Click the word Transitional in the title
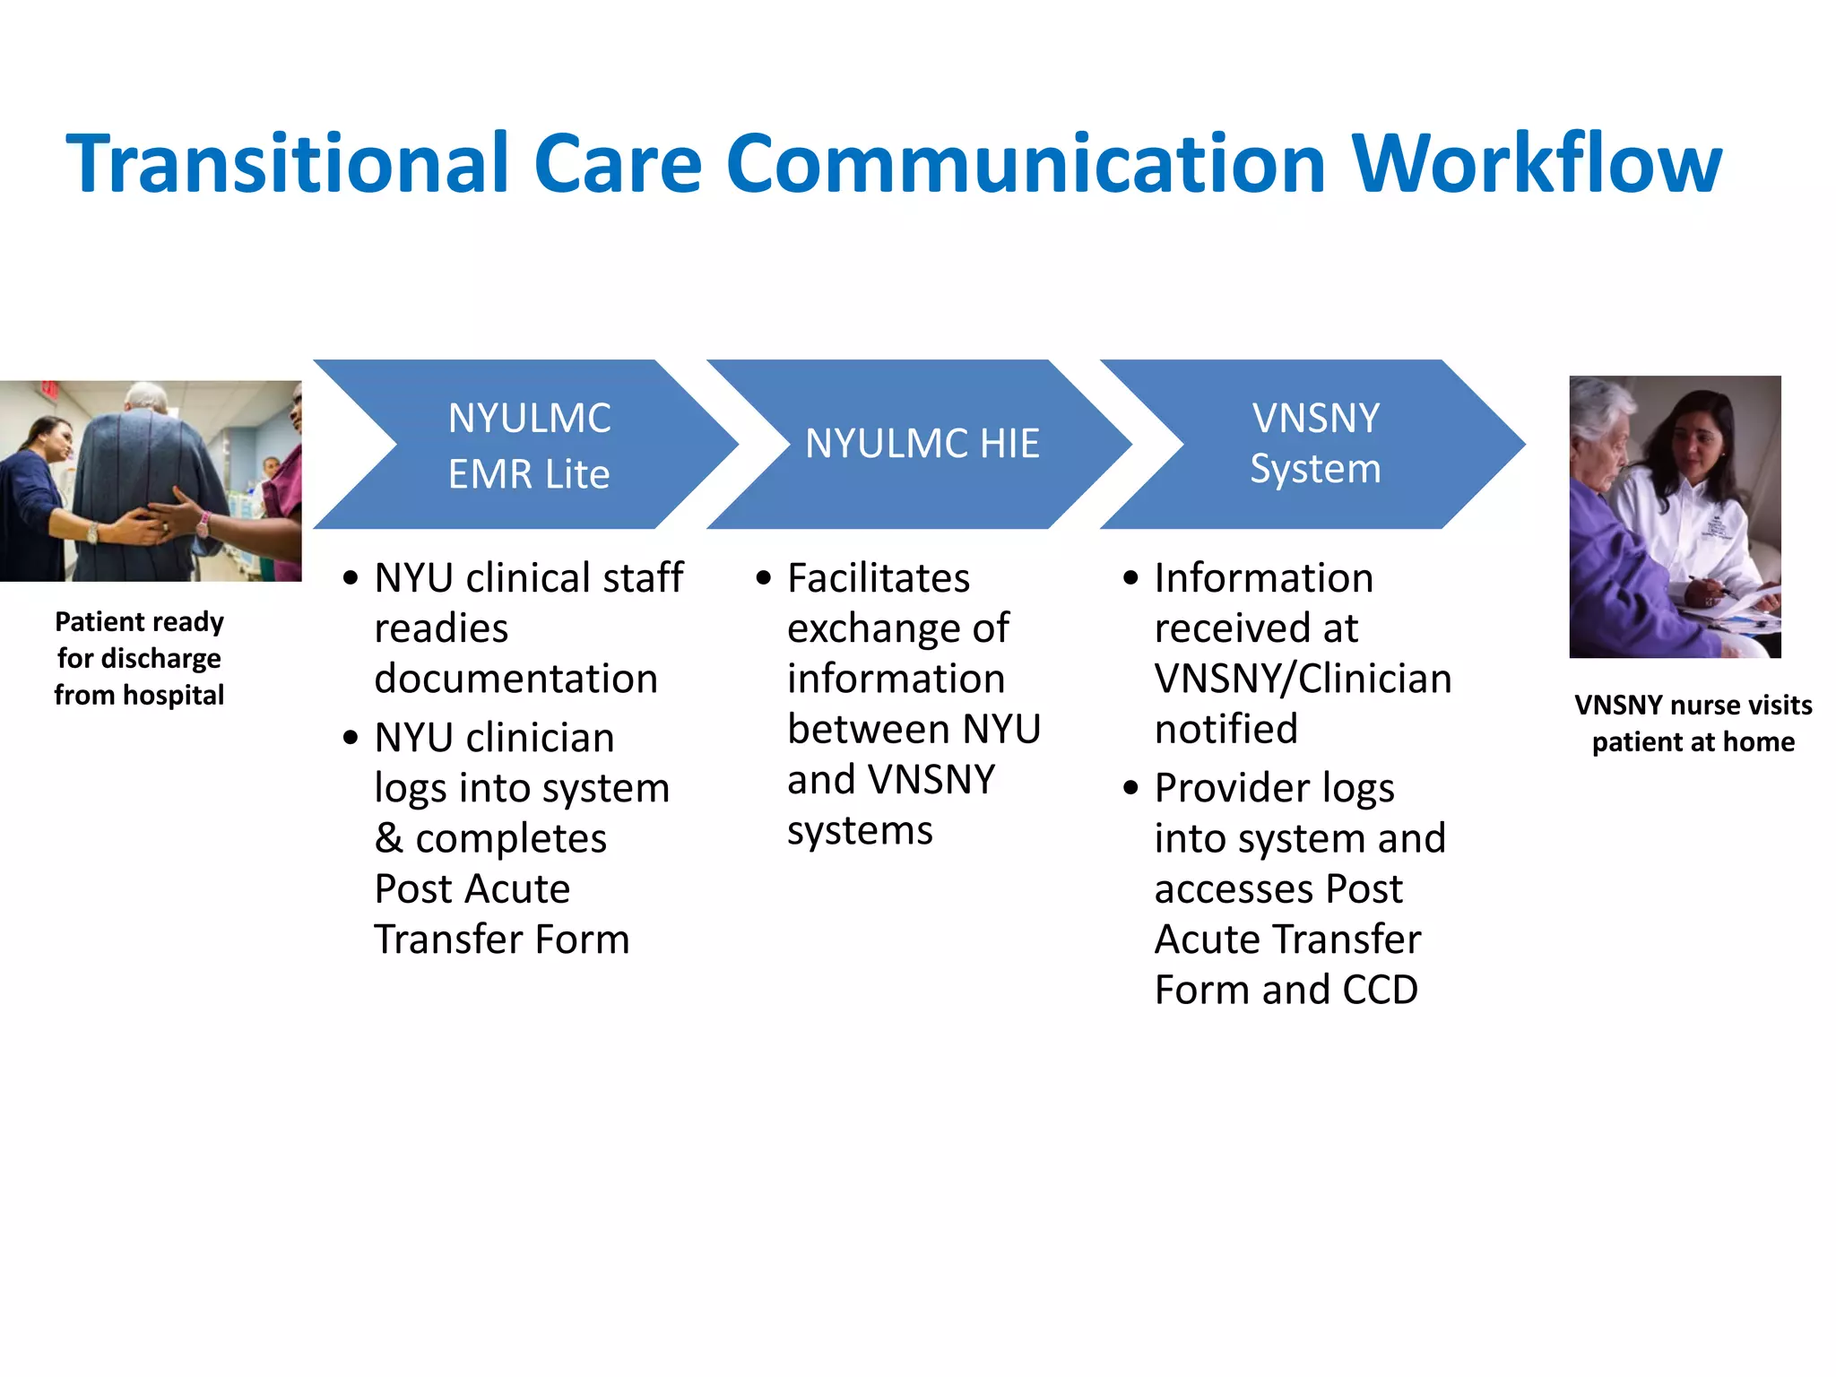(288, 163)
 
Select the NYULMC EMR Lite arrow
(529, 445)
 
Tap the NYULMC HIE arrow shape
(922, 444)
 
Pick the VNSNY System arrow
(1315, 444)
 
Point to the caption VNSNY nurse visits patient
(1693, 723)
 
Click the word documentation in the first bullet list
(515, 679)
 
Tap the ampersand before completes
(388, 839)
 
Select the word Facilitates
(878, 578)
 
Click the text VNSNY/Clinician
(1302, 679)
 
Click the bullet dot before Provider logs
(1130, 788)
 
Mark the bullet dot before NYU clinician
(351, 738)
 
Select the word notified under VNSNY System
(1225, 729)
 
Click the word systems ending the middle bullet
(859, 830)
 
